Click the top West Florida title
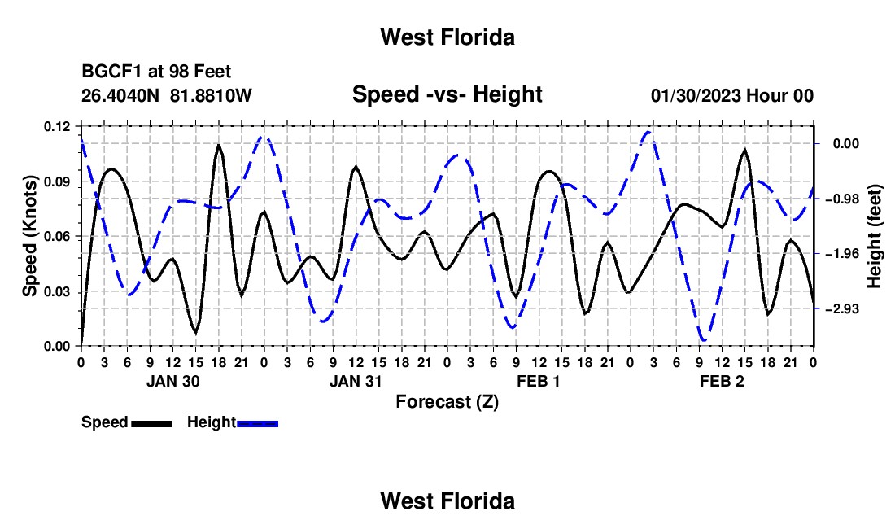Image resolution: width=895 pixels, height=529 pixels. (447, 37)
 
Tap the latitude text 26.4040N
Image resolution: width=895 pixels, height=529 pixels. (120, 95)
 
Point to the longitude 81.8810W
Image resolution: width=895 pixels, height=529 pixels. (211, 95)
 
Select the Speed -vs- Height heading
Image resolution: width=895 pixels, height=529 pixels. (447, 94)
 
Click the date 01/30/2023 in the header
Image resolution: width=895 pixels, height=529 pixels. (696, 95)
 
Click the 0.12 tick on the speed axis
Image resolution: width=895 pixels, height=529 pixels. (57, 127)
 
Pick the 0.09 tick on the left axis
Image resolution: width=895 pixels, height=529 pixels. (57, 181)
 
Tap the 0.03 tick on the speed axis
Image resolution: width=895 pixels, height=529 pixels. (57, 291)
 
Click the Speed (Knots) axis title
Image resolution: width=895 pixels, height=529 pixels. (29, 236)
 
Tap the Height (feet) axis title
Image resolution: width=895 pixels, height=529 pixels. (875, 236)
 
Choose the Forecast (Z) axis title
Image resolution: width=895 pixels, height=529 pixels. (447, 402)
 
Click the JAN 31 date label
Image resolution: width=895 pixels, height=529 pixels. (356, 381)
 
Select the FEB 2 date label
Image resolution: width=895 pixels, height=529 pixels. (722, 381)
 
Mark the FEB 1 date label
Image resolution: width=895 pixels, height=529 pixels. (539, 381)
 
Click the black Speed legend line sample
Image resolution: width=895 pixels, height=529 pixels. (152, 423)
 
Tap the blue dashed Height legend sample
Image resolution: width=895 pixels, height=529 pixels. (257, 423)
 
